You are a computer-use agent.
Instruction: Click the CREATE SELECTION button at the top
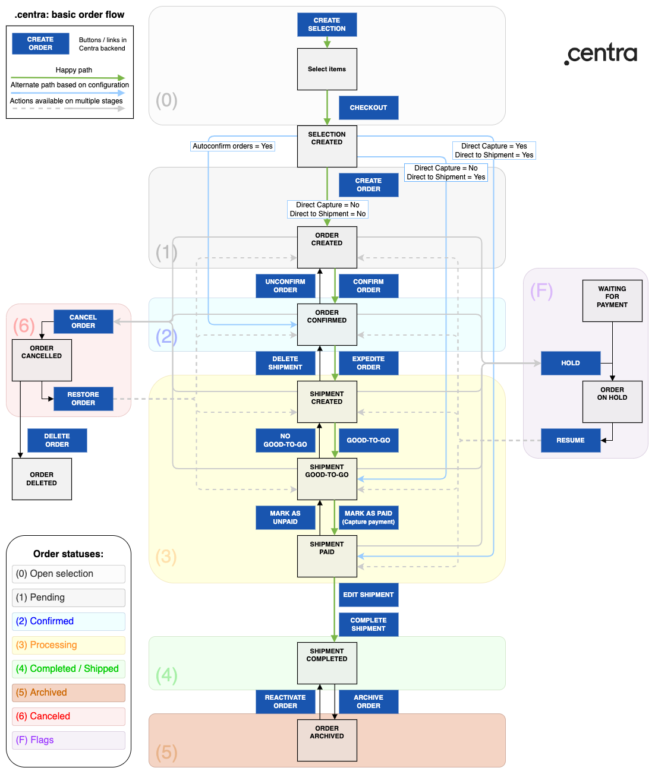tap(327, 24)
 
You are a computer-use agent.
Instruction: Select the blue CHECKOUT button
tap(369, 108)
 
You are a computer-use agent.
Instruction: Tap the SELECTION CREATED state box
tap(327, 146)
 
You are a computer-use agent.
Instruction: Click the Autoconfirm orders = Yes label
tap(232, 146)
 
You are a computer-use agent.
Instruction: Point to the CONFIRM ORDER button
tap(369, 286)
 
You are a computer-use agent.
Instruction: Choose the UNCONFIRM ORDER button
tap(285, 286)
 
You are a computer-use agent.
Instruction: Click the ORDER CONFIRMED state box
tap(327, 324)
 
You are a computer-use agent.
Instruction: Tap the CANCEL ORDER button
tap(83, 321)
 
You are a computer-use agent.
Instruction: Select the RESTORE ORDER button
tap(83, 399)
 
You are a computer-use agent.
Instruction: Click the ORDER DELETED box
tap(42, 479)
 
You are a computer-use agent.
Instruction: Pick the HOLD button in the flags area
tap(571, 363)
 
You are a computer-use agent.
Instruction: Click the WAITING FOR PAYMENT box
tap(612, 301)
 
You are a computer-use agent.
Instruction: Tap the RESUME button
tap(571, 440)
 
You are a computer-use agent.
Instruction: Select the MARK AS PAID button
tap(369, 517)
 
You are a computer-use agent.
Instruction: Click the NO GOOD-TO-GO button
tap(285, 440)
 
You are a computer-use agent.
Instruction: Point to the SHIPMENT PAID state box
tap(327, 556)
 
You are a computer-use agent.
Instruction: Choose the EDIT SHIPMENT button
tap(369, 595)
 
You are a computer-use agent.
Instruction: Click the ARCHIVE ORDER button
tap(369, 702)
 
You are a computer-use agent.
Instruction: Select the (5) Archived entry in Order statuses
tap(68, 693)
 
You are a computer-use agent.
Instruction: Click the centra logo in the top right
tap(601, 54)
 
